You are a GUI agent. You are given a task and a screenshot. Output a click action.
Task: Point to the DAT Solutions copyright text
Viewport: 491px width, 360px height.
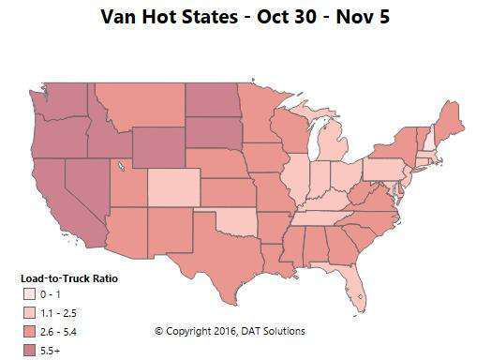pyautogui.click(x=230, y=331)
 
